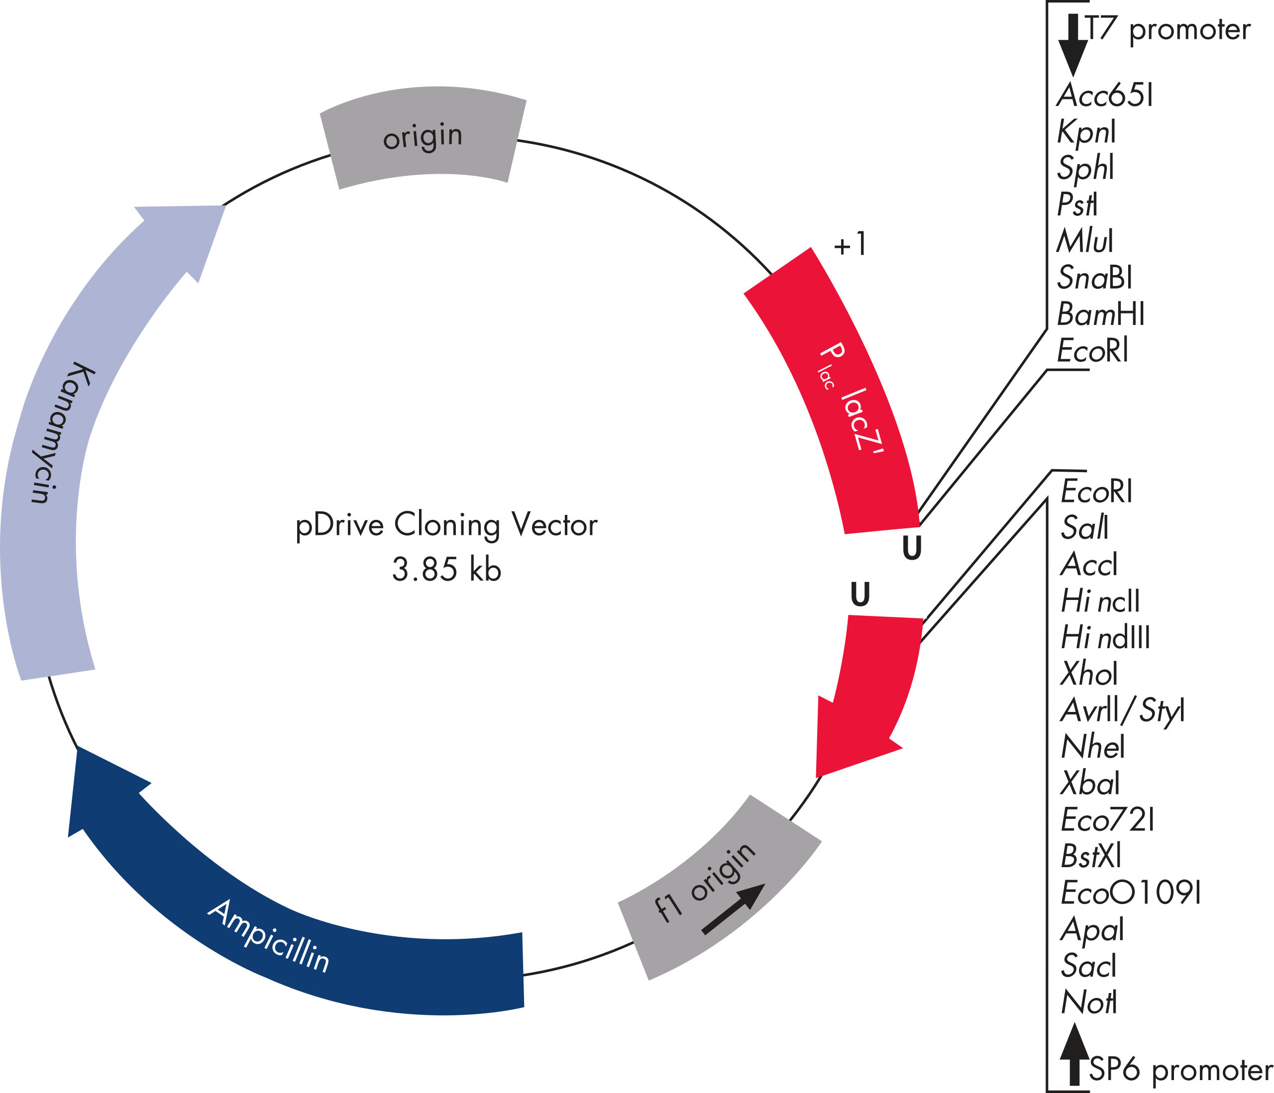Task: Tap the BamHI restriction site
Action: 1101,315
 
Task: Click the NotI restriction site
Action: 1088,1002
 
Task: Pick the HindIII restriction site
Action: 1105,637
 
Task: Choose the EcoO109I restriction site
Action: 1131,893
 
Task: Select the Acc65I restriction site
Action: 1105,96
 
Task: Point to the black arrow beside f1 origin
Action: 733,909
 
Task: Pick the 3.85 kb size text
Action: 446,569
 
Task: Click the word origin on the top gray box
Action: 423,136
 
